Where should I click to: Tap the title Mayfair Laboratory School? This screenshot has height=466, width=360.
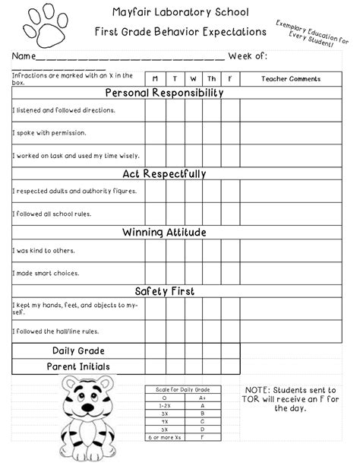tap(180, 12)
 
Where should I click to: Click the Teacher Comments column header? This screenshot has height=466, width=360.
tap(291, 79)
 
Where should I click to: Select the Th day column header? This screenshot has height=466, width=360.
tap(211, 79)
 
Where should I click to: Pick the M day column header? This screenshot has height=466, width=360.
tap(155, 79)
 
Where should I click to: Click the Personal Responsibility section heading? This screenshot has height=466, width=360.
tap(164, 93)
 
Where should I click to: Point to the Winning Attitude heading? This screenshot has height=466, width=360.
tap(164, 233)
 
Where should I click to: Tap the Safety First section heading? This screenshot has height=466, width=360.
tap(164, 291)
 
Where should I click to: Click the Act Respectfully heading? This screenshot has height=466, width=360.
tap(164, 174)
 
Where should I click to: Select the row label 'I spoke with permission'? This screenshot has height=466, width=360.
tap(49, 133)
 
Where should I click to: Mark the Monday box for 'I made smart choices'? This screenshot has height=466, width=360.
tap(155, 273)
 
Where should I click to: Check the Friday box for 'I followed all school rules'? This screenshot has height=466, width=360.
tap(230, 214)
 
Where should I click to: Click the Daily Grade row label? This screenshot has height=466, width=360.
tap(78, 350)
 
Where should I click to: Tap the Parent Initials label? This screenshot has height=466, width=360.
tap(78, 366)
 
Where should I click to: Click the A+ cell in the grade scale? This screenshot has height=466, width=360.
tap(202, 398)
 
